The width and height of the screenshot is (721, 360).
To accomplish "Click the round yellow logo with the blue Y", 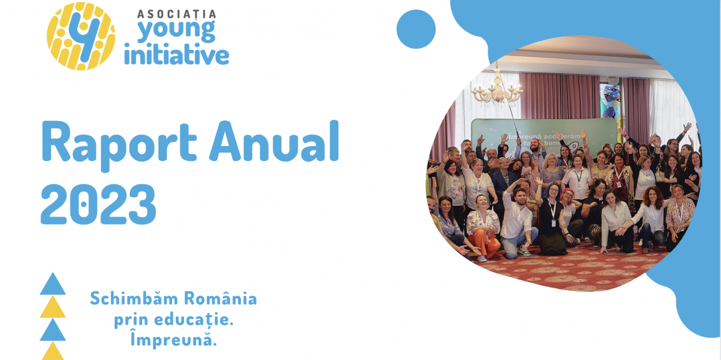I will [81, 36].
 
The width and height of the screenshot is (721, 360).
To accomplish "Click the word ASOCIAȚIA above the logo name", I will [177, 13].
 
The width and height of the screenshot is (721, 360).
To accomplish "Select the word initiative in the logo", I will [177, 54].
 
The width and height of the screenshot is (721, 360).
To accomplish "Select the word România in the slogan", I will [222, 298].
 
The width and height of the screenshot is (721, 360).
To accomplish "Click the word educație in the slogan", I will [193, 319].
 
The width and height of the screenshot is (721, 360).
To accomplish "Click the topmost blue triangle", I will [53, 284].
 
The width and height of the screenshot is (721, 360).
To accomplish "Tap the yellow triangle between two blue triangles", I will [53, 306].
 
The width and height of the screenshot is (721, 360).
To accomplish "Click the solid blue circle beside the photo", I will [416, 29].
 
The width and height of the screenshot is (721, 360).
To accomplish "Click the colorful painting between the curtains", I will [610, 100].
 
